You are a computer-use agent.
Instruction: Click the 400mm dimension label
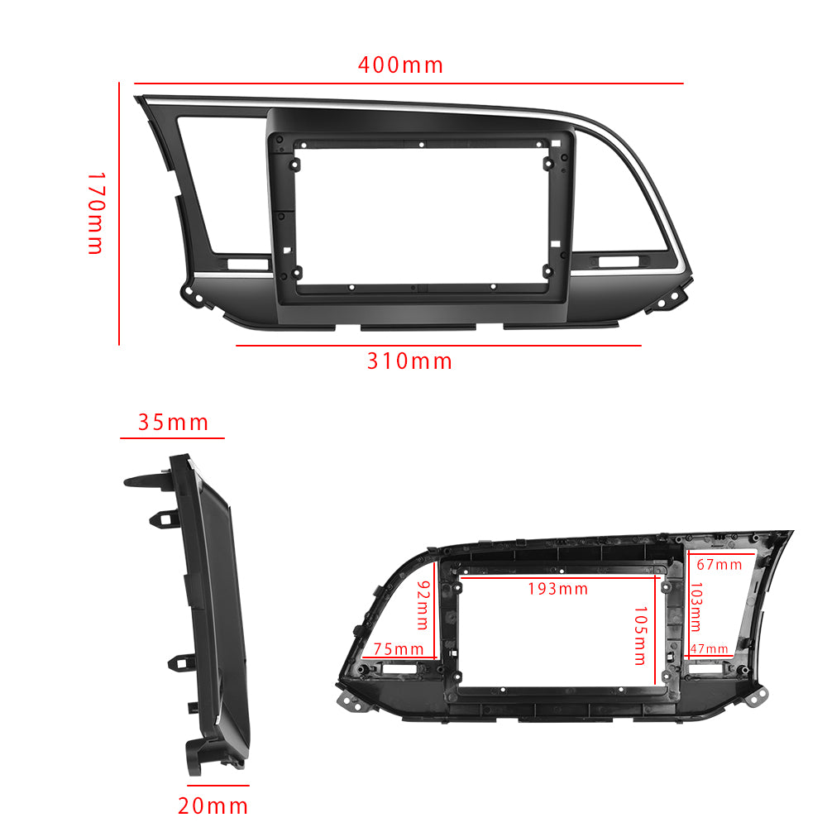tap(400, 65)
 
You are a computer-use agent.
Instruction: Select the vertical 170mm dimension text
tap(96, 213)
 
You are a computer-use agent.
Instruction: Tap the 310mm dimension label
tap(410, 361)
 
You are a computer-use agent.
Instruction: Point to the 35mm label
tap(173, 423)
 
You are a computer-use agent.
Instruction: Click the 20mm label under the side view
tap(213, 805)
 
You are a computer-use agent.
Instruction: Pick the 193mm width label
tap(558, 589)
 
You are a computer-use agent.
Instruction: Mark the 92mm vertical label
tap(423, 603)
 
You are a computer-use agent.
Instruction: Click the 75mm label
tap(399, 648)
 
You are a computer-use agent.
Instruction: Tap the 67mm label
tap(719, 565)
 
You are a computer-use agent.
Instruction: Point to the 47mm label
tap(710, 649)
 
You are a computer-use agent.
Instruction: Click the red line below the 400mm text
tap(409, 84)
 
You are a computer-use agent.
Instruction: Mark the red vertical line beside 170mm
tap(119, 213)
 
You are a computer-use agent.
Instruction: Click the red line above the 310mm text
tap(438, 346)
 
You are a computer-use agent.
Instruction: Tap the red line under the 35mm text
tap(173, 437)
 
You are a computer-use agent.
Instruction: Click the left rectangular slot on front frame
tap(249, 264)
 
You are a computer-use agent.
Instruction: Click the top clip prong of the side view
tap(146, 480)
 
